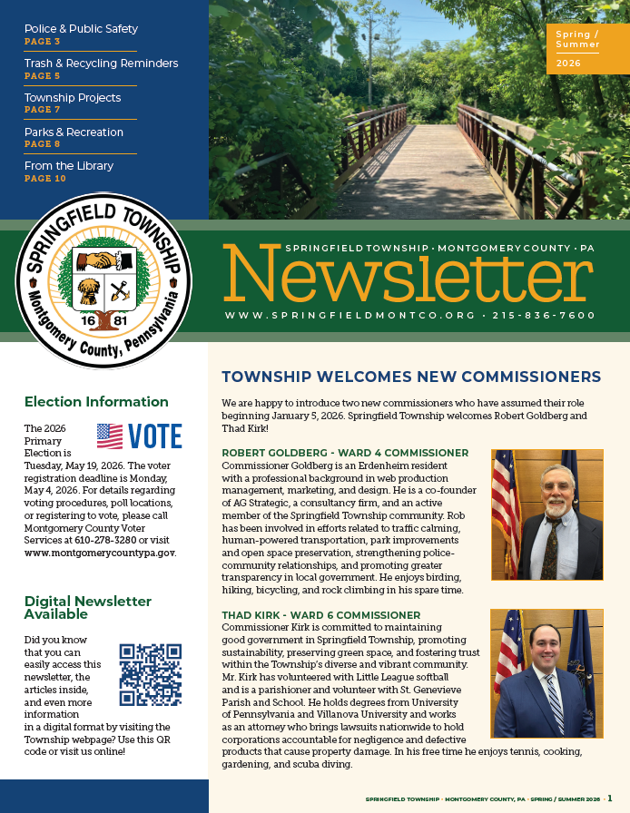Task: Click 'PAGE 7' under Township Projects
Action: coord(43,110)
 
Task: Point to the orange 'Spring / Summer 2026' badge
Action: coord(587,50)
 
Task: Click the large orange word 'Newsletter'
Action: coord(409,276)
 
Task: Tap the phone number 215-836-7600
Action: coord(544,316)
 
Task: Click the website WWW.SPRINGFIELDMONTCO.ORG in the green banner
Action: coord(349,316)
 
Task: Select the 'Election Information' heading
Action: coord(96,402)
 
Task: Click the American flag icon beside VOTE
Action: coord(110,436)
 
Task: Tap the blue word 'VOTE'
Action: coord(155,436)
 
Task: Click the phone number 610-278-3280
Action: coord(107,539)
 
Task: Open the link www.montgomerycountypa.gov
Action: coord(100,552)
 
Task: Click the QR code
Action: coord(152,674)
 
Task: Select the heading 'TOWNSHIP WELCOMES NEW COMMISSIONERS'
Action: coord(411,377)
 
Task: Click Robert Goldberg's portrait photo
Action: coord(546,514)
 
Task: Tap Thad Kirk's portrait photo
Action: coord(546,673)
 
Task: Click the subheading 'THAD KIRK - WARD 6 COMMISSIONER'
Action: coord(321,615)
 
